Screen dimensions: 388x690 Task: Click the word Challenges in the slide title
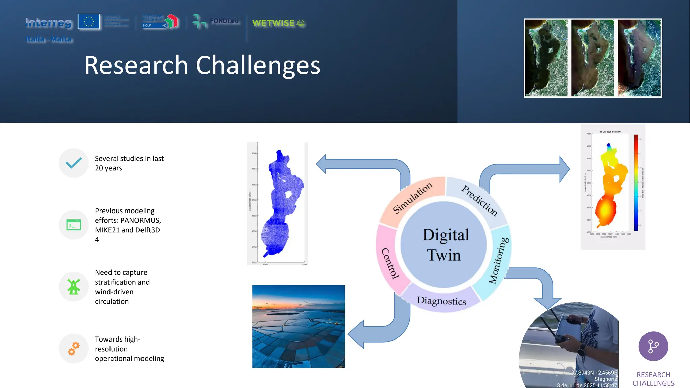[x=258, y=65]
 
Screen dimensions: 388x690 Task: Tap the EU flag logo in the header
[x=89, y=22]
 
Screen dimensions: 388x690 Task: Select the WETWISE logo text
[x=274, y=23]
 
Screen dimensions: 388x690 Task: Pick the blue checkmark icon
[x=73, y=163]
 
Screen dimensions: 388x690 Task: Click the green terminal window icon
[x=73, y=225]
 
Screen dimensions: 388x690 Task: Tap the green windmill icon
[x=73, y=287]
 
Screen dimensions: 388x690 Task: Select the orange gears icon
[x=73, y=349]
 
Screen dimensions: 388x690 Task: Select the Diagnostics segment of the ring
[x=441, y=300]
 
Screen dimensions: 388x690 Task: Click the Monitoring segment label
[x=499, y=260]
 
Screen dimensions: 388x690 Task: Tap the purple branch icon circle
[x=653, y=346]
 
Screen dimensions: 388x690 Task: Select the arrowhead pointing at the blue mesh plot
[x=321, y=164]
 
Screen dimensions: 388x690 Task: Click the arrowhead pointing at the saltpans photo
[x=355, y=334]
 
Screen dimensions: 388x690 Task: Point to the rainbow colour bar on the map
[x=636, y=183]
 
